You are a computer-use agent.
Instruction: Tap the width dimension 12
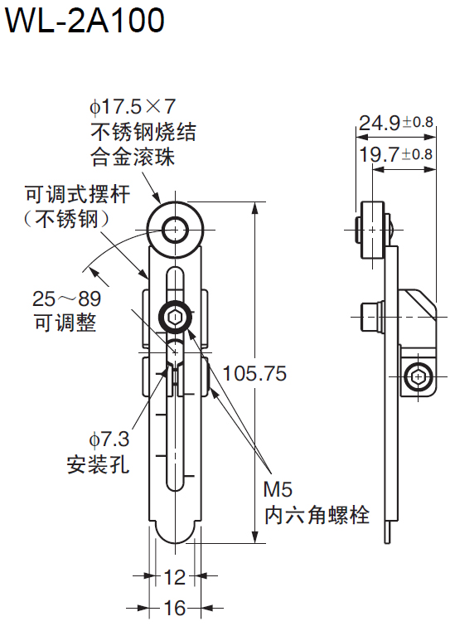tap(174, 576)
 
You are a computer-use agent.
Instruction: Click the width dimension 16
tap(174, 609)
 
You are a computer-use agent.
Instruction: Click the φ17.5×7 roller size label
tap(133, 107)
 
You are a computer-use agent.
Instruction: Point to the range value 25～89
tap(67, 299)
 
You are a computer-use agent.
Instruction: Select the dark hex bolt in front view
tap(175, 316)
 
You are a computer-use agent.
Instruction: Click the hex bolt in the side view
tap(420, 378)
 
